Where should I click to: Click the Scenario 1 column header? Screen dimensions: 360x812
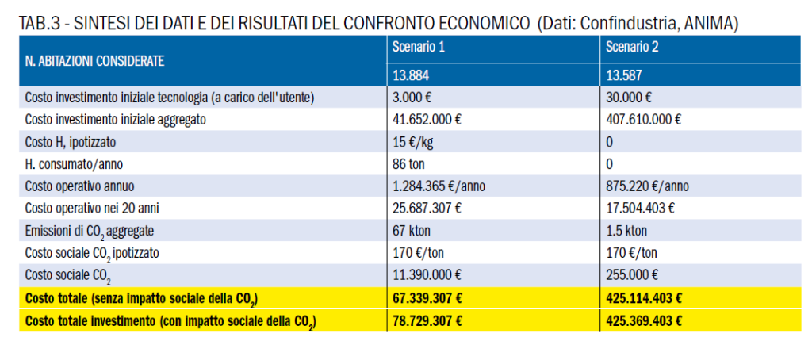click(418, 48)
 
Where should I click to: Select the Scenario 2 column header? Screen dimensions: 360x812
click(632, 48)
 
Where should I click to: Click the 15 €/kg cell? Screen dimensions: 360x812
click(411, 142)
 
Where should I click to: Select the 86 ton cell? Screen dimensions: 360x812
click(408, 164)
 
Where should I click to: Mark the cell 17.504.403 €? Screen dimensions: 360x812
click(640, 209)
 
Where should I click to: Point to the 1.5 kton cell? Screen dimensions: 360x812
click(626, 231)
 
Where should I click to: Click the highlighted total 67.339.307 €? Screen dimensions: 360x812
click(427, 298)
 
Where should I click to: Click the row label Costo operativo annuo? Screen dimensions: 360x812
click(79, 186)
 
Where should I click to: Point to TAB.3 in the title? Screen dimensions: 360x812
click(37, 24)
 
